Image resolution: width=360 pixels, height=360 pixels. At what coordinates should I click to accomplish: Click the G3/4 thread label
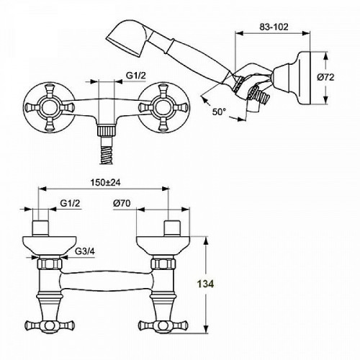[x=85, y=252]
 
